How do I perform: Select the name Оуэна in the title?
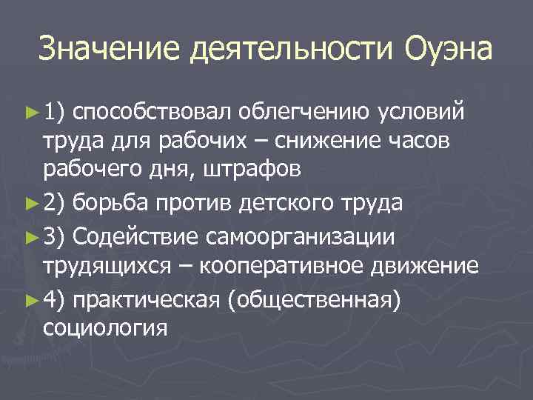click(x=449, y=50)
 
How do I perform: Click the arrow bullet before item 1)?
click(x=30, y=112)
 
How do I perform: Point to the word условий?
click(x=422, y=112)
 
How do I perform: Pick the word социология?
click(x=105, y=329)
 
